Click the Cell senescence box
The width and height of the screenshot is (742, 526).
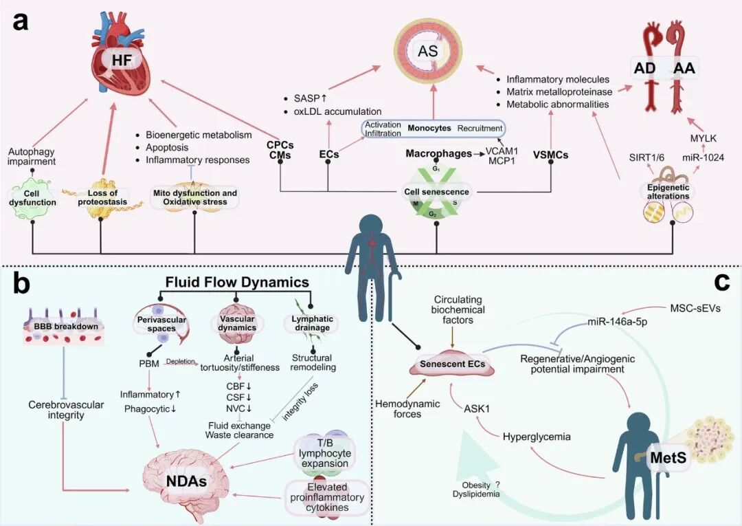tap(436, 191)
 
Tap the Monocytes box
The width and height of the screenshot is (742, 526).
tap(434, 129)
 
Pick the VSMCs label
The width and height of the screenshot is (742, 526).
tap(551, 155)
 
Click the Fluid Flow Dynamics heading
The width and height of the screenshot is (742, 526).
tap(237, 283)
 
